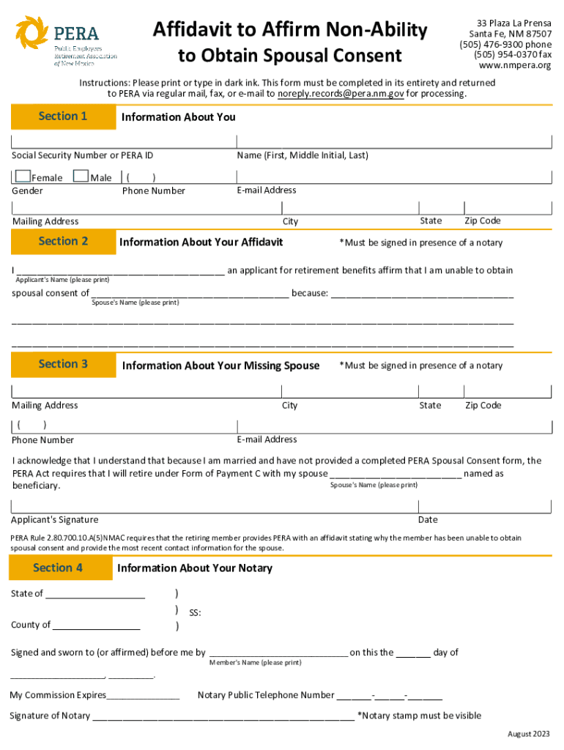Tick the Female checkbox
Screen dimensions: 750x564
[23, 177]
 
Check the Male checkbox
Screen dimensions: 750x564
[81, 177]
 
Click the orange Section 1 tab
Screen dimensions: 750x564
[63, 116]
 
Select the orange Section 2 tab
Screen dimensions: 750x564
[63, 241]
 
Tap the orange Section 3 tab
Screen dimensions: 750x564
[63, 364]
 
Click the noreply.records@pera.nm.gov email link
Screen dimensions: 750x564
[341, 94]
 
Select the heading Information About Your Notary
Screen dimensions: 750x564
[194, 568]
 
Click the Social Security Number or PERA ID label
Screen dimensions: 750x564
[83, 155]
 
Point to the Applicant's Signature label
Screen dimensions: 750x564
[54, 520]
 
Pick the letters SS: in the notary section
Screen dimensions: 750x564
[195, 612]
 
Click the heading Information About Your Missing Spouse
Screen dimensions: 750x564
[220, 365]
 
